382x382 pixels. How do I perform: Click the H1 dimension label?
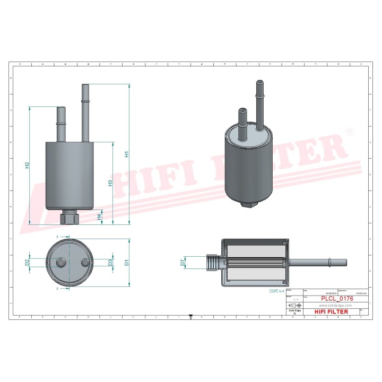click(127, 154)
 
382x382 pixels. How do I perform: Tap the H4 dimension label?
click(100, 216)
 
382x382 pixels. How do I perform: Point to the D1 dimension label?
click(127, 262)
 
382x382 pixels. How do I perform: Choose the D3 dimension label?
click(110, 262)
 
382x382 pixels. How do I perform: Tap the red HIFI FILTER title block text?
click(332, 311)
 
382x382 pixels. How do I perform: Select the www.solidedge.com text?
click(332, 306)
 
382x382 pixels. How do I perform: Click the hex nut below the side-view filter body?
click(70, 218)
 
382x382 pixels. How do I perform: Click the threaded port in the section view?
click(212, 262)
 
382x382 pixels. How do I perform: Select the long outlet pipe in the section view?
click(318, 262)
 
